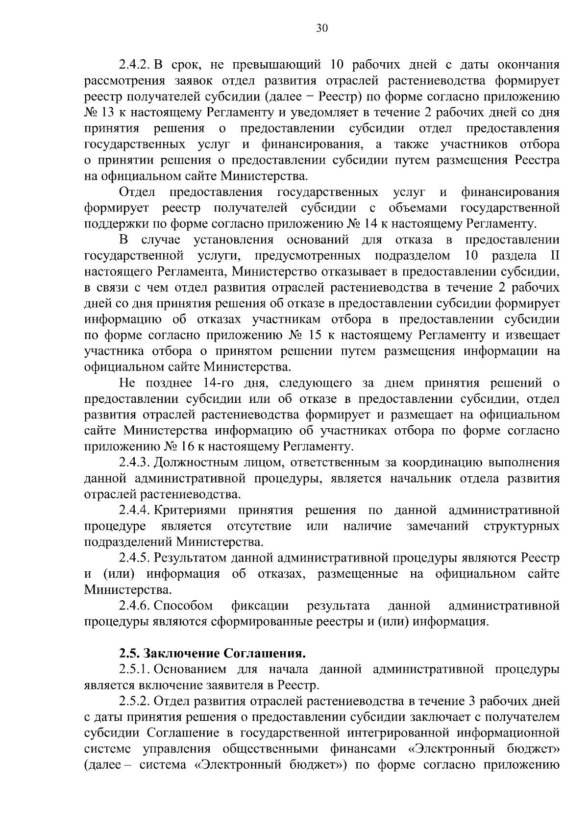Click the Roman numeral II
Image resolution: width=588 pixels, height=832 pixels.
tap(551, 256)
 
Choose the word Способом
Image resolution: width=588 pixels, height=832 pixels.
tap(183, 606)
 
